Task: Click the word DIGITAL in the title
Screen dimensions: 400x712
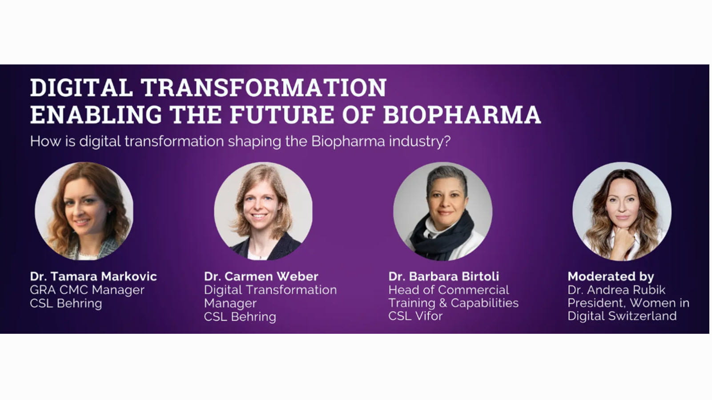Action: pyautogui.click(x=81, y=88)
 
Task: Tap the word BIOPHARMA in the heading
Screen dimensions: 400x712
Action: pyautogui.click(x=462, y=115)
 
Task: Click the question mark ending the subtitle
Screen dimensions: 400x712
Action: pyautogui.click(x=447, y=142)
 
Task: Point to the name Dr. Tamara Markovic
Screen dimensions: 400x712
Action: pyautogui.click(x=93, y=276)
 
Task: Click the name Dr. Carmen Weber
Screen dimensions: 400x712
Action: pyautogui.click(x=261, y=276)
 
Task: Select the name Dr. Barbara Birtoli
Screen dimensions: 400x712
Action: pyautogui.click(x=443, y=276)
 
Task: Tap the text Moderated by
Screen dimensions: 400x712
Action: pyautogui.click(x=611, y=276)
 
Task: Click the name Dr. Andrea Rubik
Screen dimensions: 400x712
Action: pyautogui.click(x=616, y=290)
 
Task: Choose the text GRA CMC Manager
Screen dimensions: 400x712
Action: pyautogui.click(x=87, y=290)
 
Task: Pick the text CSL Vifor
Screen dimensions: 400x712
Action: pyautogui.click(x=415, y=316)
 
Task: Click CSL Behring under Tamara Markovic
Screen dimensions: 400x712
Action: pyautogui.click(x=66, y=303)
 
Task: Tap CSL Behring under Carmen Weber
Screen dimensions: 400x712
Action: pyautogui.click(x=240, y=316)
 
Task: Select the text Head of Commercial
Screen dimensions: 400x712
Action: pyautogui.click(x=448, y=290)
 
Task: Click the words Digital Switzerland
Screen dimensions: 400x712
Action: pyautogui.click(x=622, y=316)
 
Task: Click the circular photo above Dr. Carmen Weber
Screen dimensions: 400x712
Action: pyautogui.click(x=263, y=211)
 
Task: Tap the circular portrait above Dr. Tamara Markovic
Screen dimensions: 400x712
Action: pyautogui.click(x=84, y=211)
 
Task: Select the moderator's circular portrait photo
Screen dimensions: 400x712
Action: pyautogui.click(x=622, y=211)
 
